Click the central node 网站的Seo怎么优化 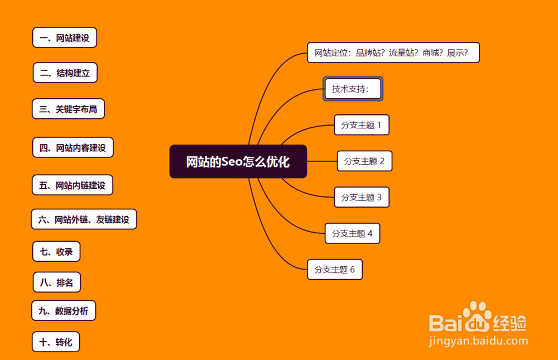point(238,162)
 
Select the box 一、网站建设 point(65,38)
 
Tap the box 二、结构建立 point(65,73)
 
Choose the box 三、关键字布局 point(68,109)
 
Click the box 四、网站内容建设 point(73,148)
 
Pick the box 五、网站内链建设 point(73,185)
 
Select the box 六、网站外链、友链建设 point(84,219)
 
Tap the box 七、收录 point(56,252)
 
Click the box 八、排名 point(56,282)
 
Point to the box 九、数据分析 point(64,311)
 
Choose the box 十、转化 point(56,342)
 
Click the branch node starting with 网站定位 point(393,53)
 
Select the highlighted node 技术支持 point(353,89)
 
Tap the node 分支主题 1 point(361,125)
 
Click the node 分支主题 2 point(364,161)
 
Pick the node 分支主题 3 point(361,197)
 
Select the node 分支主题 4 point(352,233)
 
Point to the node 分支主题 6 point(335,270)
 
